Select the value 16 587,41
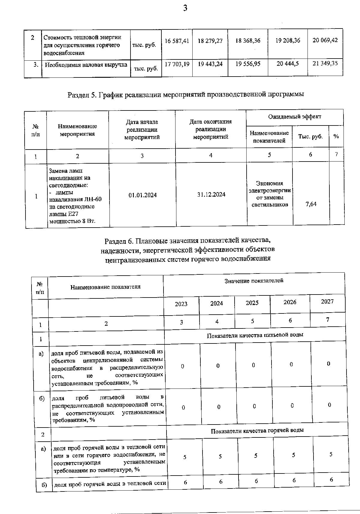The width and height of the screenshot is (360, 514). [x=177, y=41]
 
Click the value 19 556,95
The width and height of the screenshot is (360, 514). [x=248, y=64]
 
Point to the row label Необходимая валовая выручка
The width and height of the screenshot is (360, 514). [x=86, y=65]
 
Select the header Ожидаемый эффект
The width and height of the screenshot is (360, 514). [x=295, y=116]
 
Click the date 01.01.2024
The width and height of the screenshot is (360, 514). [x=142, y=195]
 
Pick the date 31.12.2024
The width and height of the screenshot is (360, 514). [x=211, y=195]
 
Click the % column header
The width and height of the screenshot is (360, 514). [x=336, y=136]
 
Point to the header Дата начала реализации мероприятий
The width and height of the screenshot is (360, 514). [x=142, y=129]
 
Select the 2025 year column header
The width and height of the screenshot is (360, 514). [x=252, y=303]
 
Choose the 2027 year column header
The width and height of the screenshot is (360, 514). [x=327, y=301]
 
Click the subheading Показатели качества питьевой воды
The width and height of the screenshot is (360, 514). [x=255, y=335]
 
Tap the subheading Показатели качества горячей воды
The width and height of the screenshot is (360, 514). [x=257, y=431]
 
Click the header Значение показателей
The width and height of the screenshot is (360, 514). [x=254, y=281]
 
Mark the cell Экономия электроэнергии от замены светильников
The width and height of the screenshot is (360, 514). [x=269, y=194]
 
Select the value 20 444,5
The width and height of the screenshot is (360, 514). [x=287, y=64]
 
